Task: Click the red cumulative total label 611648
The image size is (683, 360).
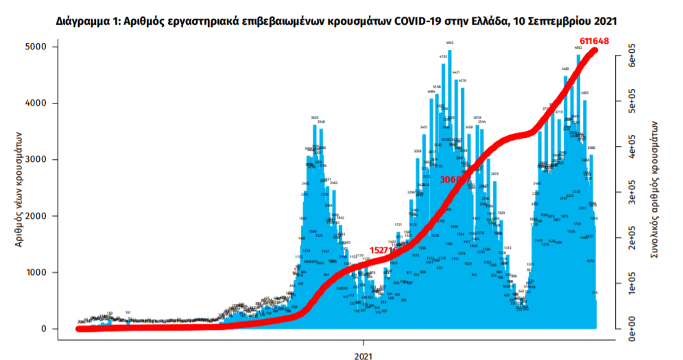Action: coord(592,40)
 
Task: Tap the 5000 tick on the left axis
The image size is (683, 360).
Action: coord(36,47)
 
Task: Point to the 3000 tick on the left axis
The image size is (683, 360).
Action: coord(36,160)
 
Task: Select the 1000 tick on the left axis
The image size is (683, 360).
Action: coord(36,273)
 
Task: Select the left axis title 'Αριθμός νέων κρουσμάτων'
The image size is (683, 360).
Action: coord(19,188)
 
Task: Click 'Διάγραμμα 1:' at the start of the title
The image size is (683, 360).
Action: coord(87,21)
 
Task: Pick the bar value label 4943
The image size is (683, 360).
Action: coord(450,43)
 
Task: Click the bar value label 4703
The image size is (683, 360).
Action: coord(443,56)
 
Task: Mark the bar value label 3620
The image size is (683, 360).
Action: coord(315,117)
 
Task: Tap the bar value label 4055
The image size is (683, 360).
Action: coord(585,93)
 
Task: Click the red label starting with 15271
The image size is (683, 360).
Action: coord(381,250)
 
